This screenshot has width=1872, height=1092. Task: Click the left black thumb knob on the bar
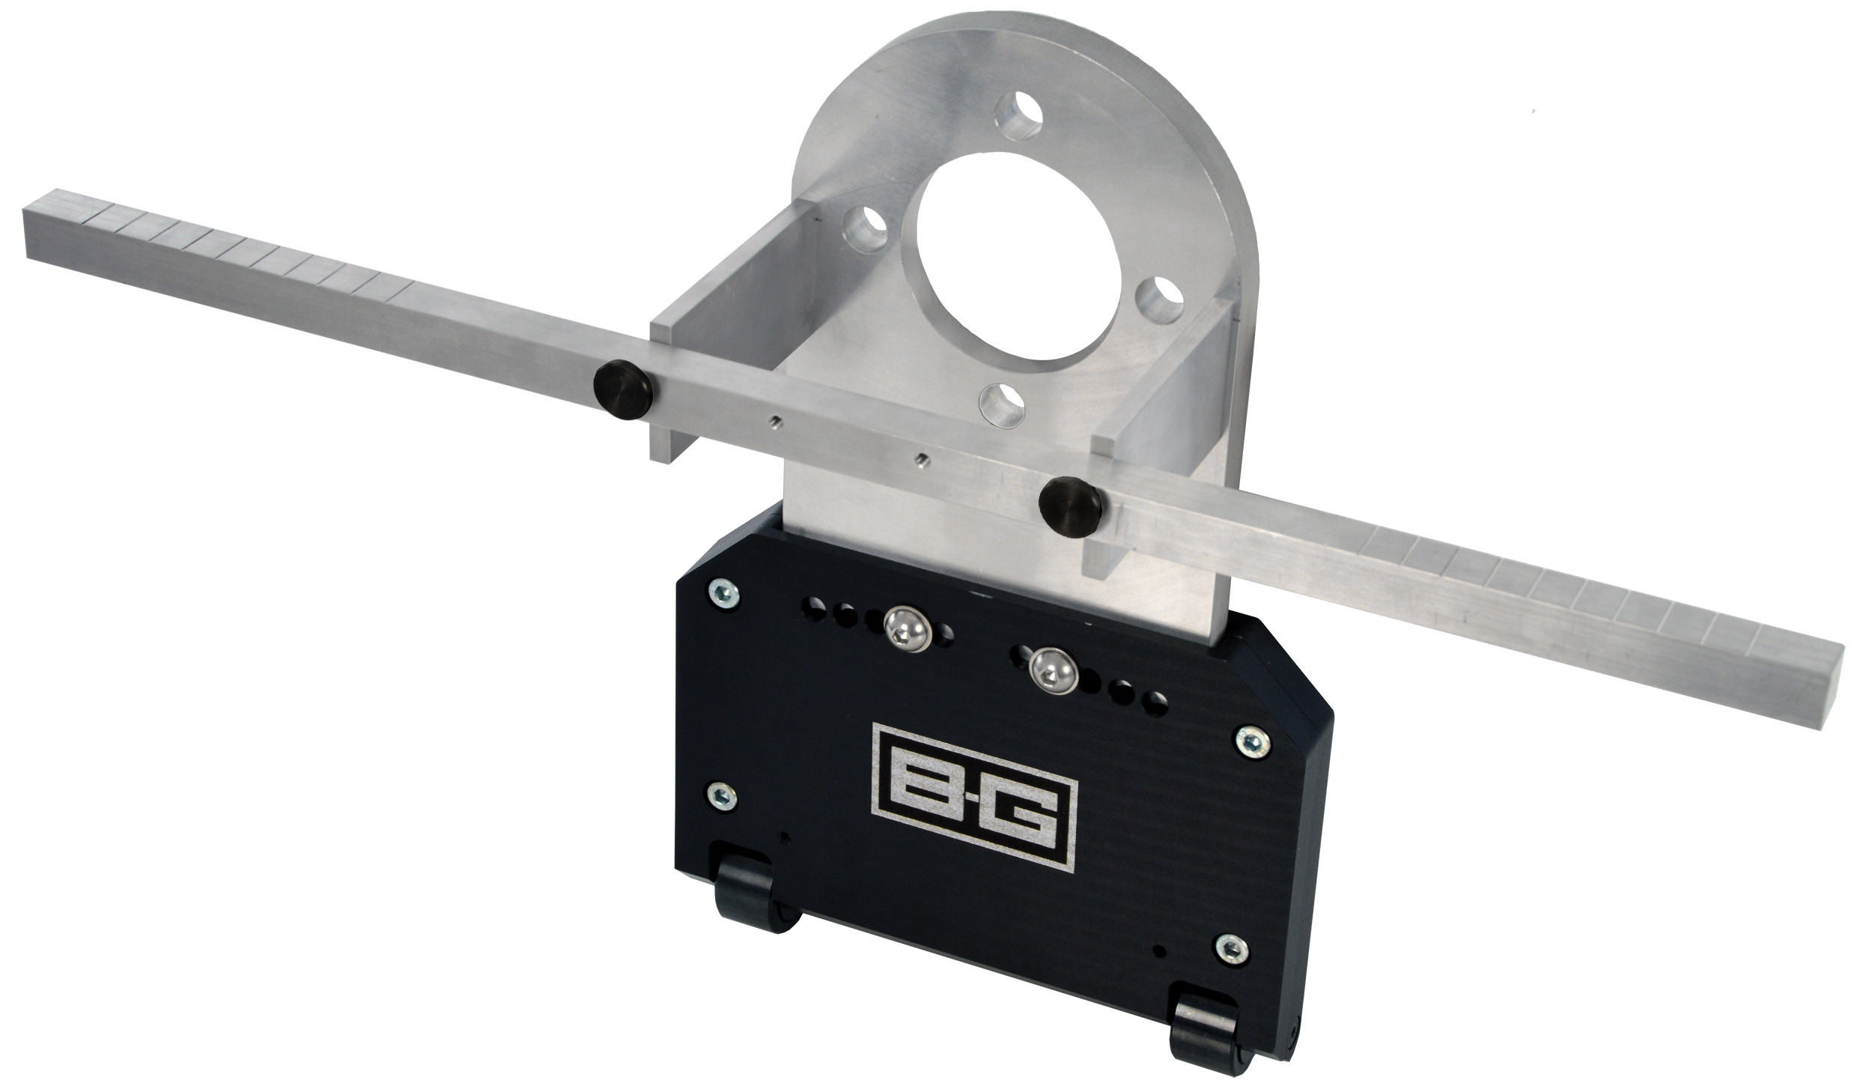tap(622, 383)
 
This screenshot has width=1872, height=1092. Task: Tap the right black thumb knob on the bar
tap(1071, 508)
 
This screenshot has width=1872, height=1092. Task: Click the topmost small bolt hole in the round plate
tap(1018, 116)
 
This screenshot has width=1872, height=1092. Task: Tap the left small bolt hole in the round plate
tap(864, 226)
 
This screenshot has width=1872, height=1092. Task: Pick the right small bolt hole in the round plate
tap(1159, 300)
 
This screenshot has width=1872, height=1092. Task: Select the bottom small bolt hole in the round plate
tap(1002, 404)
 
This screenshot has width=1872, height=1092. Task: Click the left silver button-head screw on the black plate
tap(905, 628)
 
